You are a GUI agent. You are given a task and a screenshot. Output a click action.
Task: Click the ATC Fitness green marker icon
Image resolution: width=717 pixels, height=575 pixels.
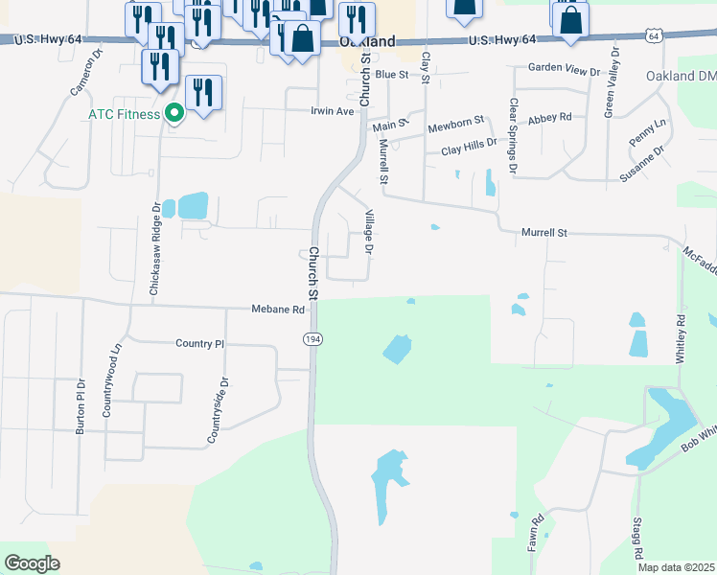[173, 114]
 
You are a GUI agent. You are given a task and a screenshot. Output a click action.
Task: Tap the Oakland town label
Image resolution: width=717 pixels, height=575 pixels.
[368, 42]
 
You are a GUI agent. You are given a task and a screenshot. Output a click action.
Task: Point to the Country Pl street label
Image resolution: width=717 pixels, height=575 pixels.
[199, 343]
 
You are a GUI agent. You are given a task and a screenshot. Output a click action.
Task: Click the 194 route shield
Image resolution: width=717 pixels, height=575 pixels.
[312, 339]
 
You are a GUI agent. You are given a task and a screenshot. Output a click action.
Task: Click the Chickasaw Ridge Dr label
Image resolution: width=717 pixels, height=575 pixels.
[154, 248]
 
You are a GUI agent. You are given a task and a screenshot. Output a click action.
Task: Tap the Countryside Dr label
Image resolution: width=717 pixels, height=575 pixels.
[218, 409]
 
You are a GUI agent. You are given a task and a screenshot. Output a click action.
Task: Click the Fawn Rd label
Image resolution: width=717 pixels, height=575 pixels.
[539, 533]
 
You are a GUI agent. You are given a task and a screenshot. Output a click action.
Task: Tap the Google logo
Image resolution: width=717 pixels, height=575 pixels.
[33, 563]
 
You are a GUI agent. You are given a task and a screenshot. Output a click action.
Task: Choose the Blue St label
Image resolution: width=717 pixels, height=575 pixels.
[392, 74]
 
